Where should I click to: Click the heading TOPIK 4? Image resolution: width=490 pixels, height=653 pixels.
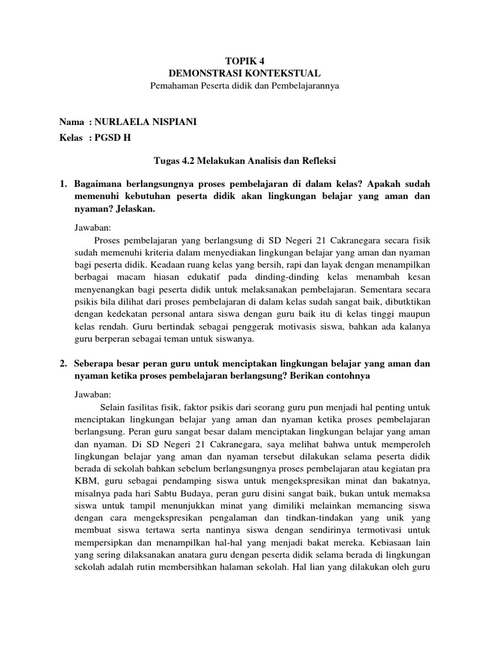(244, 62)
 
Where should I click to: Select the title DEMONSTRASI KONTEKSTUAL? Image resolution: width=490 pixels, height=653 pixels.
(245, 73)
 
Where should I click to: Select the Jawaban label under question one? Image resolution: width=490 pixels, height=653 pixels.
(93, 226)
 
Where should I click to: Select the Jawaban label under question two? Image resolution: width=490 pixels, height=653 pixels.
(93, 394)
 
